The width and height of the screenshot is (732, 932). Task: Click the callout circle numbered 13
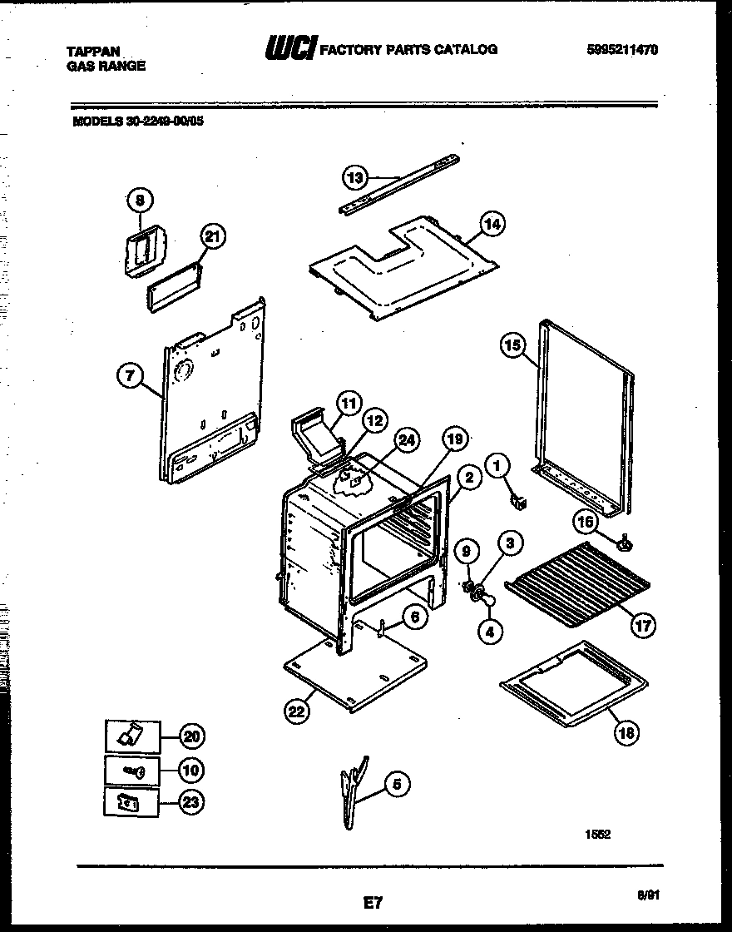pyautogui.click(x=355, y=177)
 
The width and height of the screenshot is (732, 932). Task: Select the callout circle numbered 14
pyautogui.click(x=493, y=224)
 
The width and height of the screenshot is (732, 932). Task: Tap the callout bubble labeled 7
pyautogui.click(x=129, y=377)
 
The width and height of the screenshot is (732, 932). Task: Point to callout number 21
pyautogui.click(x=212, y=238)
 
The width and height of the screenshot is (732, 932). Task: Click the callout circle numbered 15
pyautogui.click(x=512, y=345)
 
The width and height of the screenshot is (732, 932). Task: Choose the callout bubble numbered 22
pyautogui.click(x=296, y=711)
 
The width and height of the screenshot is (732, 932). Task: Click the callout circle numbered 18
pyautogui.click(x=626, y=732)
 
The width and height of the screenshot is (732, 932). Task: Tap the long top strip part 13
pyautogui.click(x=399, y=183)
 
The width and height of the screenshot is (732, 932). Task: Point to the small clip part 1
pyautogui.click(x=519, y=501)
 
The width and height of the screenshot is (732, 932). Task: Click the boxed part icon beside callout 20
pyautogui.click(x=132, y=736)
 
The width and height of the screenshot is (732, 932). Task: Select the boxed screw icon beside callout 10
pyautogui.click(x=132, y=771)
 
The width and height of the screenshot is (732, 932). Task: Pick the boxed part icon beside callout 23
pyautogui.click(x=132, y=802)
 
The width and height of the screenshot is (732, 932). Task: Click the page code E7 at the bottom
pyautogui.click(x=372, y=900)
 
